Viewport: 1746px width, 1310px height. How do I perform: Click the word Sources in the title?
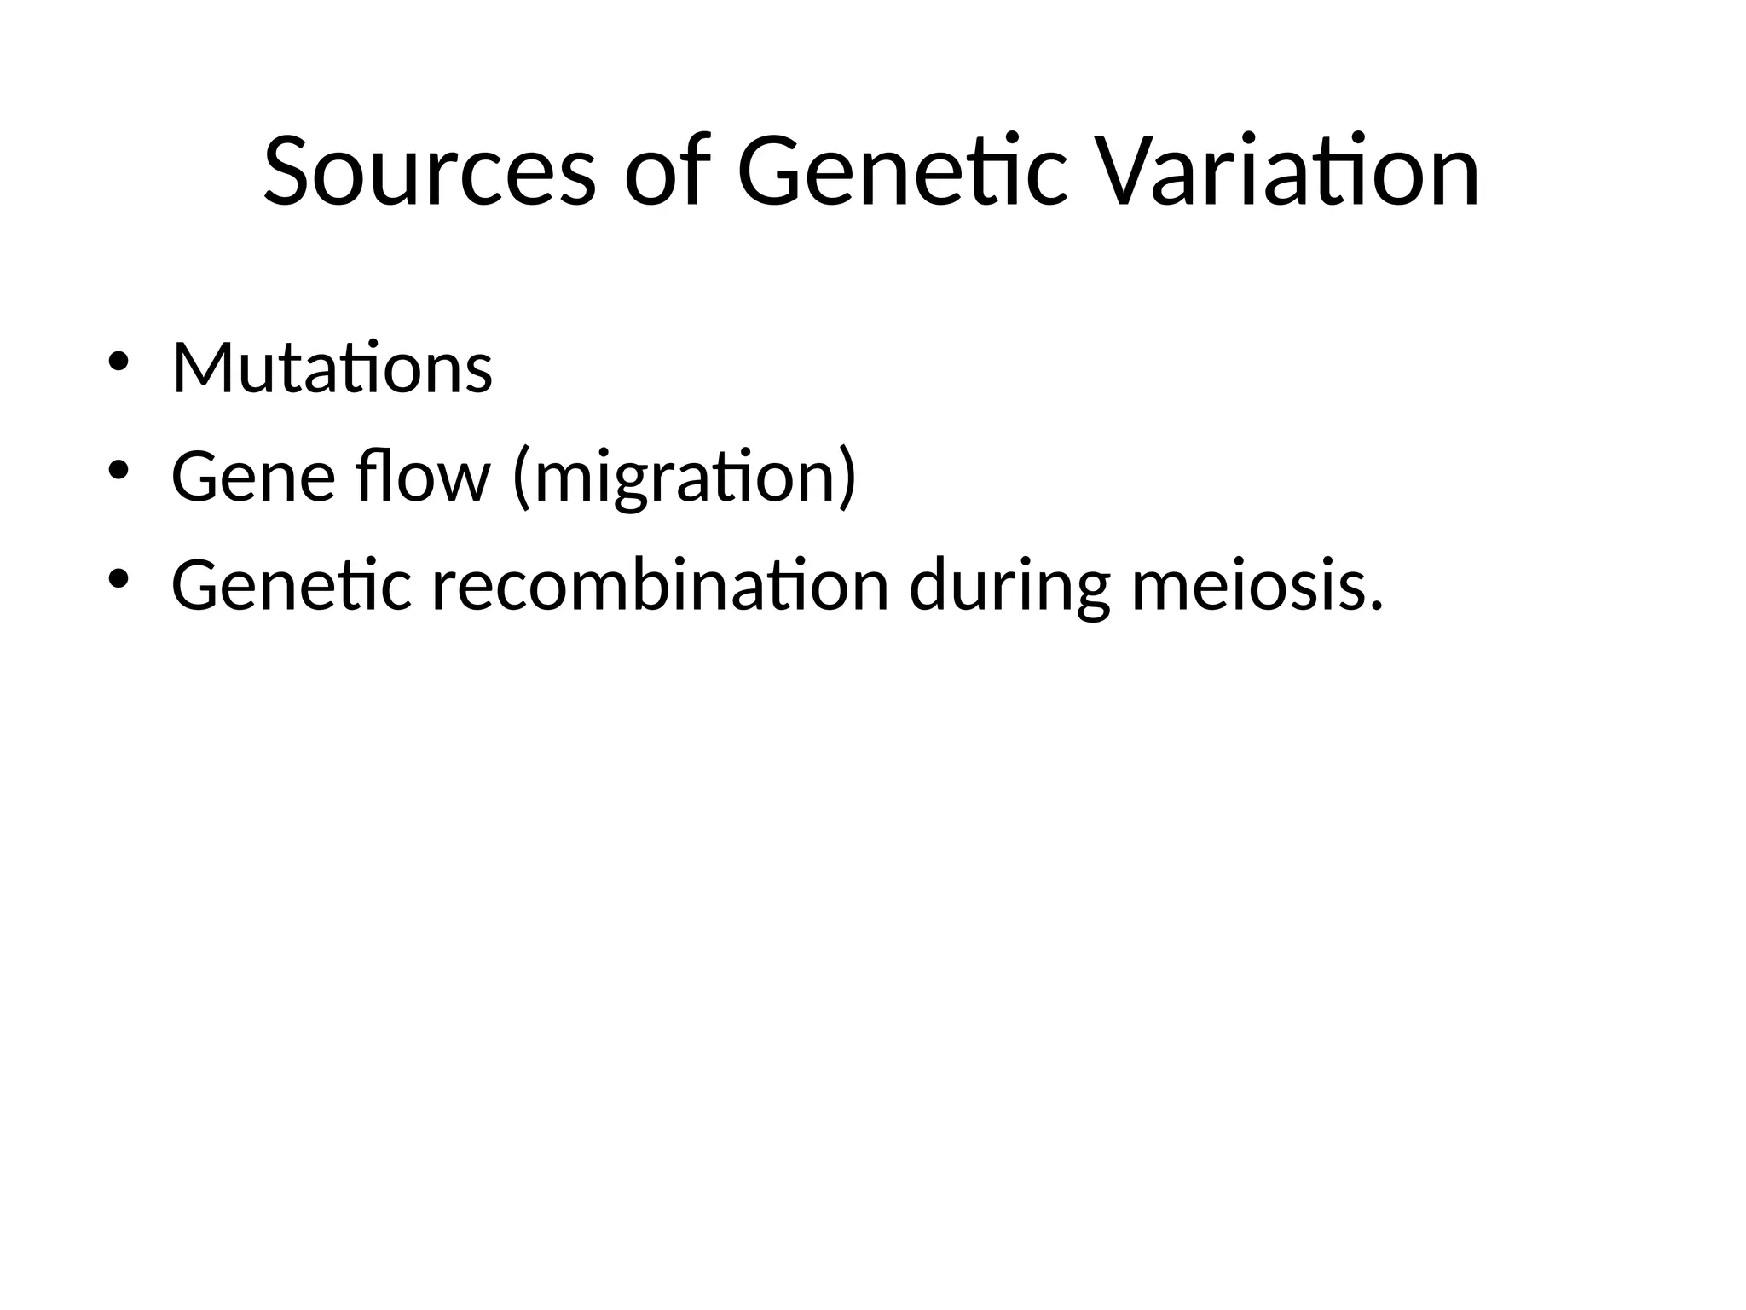(429, 172)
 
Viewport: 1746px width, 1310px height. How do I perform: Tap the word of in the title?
(668, 172)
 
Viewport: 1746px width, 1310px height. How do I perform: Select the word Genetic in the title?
(901, 172)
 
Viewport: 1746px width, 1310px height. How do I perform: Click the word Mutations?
(332, 368)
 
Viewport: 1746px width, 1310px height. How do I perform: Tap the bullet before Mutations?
(118, 362)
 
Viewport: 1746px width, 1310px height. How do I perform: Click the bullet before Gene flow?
(118, 470)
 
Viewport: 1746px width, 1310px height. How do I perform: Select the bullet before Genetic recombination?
(118, 579)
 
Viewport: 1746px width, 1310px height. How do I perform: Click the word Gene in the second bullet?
(253, 477)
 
